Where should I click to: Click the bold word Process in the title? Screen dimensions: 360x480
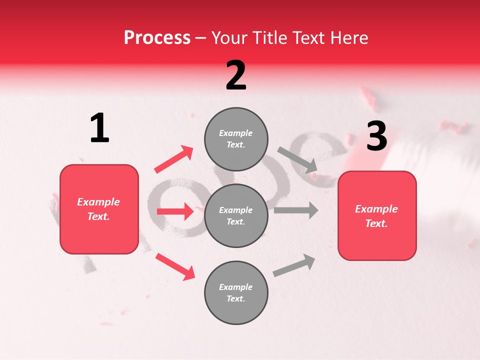(157, 37)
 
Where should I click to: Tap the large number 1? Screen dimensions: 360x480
(99, 128)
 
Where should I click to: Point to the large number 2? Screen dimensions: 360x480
(236, 75)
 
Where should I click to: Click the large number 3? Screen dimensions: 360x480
(376, 136)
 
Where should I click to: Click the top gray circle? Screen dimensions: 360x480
(236, 139)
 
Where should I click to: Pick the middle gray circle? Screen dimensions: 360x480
(236, 215)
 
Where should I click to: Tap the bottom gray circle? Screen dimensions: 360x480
(236, 292)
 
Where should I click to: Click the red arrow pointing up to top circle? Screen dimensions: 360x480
(173, 159)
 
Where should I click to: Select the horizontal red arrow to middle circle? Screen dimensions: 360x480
(175, 211)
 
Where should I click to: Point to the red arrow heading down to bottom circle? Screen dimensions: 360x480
(175, 266)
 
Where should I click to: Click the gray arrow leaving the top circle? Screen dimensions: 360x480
(297, 159)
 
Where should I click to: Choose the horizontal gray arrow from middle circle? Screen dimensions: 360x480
(296, 210)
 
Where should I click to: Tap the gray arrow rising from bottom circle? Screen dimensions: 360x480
(294, 265)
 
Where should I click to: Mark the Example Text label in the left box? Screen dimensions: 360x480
(98, 209)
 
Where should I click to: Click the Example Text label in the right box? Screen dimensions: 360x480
(376, 216)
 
